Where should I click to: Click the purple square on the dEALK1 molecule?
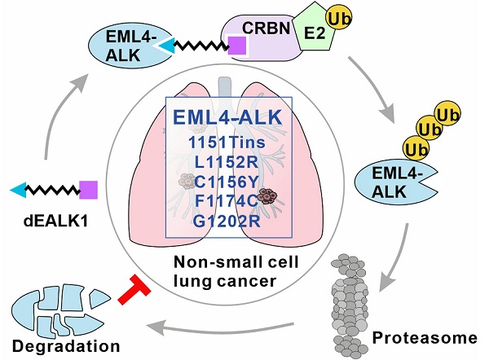[89, 190]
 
